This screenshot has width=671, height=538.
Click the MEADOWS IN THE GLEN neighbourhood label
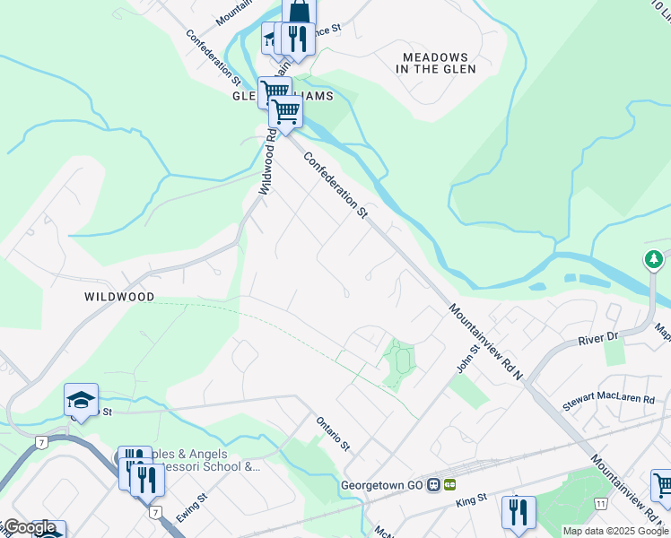pos(434,63)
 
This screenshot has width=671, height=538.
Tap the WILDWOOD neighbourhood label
pos(119,297)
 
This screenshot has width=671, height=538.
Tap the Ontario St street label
pos(331,431)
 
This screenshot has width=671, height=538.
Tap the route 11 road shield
pos(600,504)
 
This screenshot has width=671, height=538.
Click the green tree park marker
pos(654,260)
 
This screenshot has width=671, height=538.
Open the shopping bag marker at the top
pos(299,11)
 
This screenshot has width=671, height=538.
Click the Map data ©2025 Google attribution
pos(615,531)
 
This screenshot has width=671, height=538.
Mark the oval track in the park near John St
pos(401,361)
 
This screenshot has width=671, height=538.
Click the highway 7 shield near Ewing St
pos(155,512)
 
